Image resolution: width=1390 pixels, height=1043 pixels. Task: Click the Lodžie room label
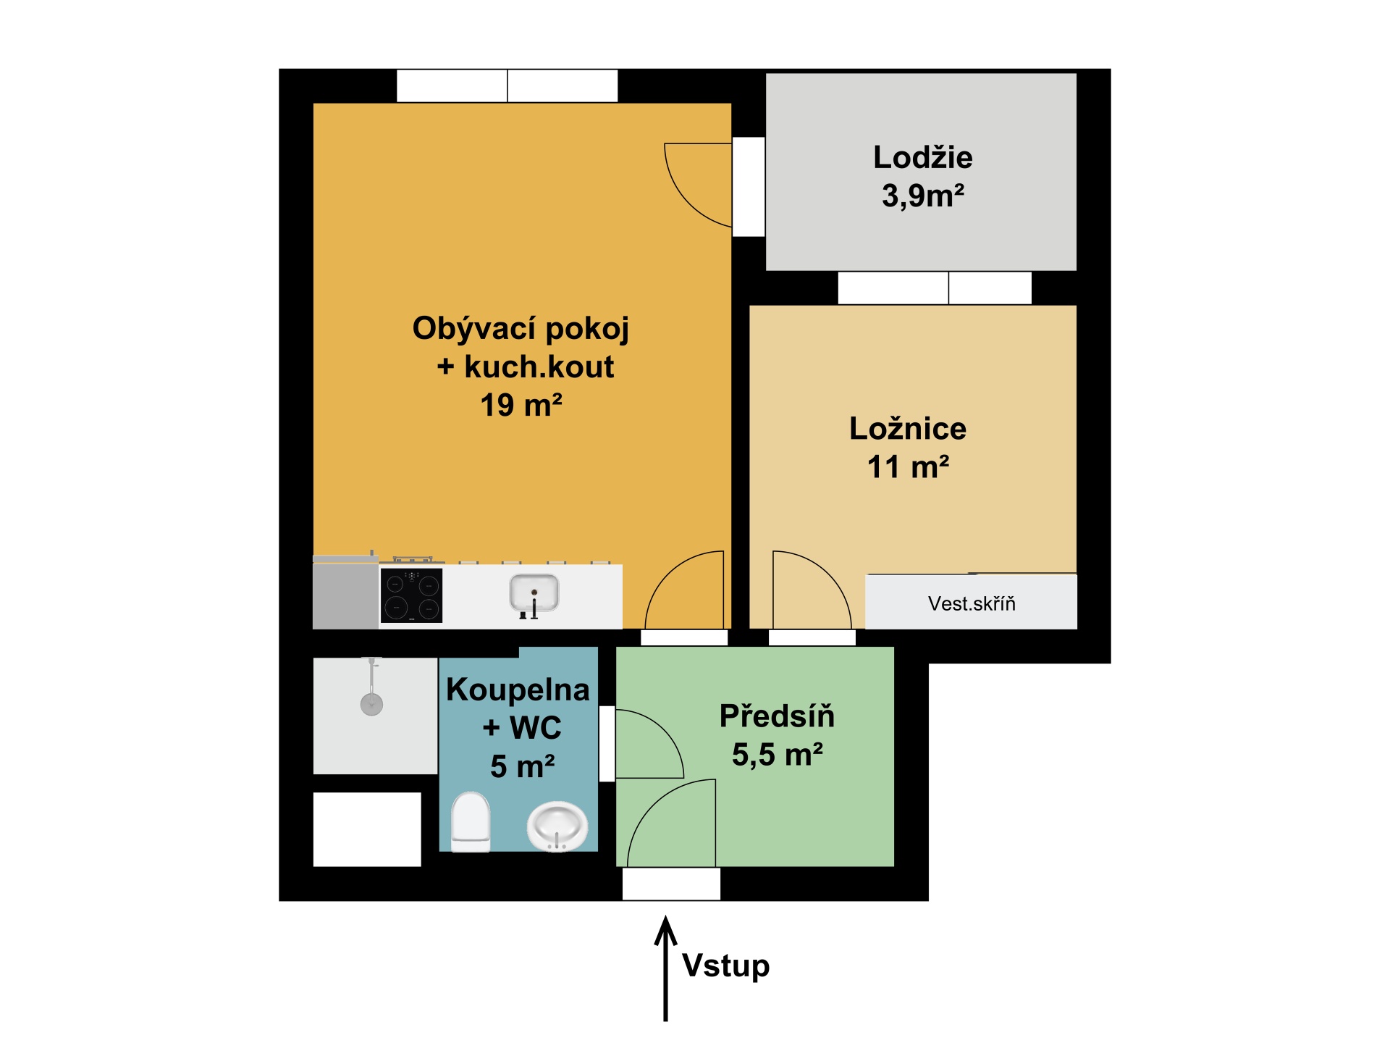[922, 158]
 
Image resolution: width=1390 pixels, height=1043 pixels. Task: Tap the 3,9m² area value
[922, 196]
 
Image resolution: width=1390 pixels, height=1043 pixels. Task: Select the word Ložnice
[907, 429]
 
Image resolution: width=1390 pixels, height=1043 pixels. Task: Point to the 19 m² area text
[521, 405]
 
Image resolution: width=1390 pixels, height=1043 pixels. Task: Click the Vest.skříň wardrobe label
[972, 603]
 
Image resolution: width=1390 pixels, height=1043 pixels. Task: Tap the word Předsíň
[777, 716]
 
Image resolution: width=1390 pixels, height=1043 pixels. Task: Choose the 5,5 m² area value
[777, 755]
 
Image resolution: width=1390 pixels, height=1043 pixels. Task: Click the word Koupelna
[518, 690]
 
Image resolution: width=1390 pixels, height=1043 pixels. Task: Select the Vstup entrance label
[725, 966]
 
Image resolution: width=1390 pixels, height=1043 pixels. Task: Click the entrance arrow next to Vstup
[665, 969]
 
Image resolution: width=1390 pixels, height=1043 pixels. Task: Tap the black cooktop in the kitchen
[411, 595]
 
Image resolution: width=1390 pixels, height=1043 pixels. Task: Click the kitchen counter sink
[534, 594]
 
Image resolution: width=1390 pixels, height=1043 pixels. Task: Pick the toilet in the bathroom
[471, 822]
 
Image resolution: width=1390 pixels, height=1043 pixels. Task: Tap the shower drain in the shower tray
[371, 704]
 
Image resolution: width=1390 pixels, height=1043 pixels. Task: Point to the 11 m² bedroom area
[908, 467]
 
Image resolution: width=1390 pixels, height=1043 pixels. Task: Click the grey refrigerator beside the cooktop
[346, 592]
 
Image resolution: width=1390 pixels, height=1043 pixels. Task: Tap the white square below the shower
[367, 829]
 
